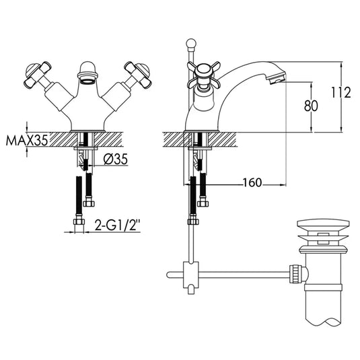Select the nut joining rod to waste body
[x=295, y=273]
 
